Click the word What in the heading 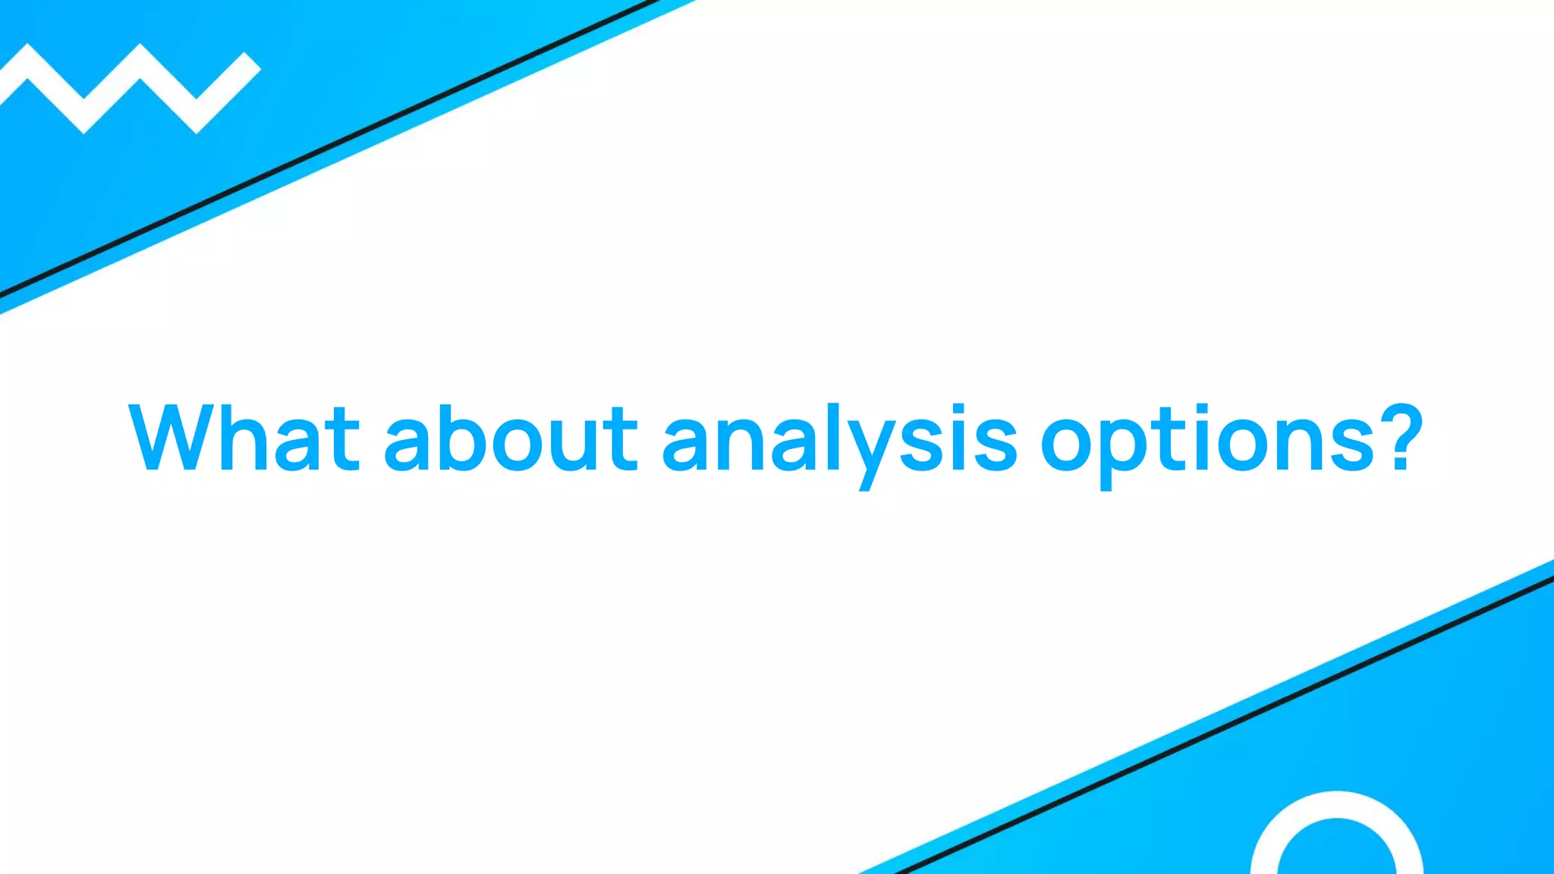pyautogui.click(x=244, y=438)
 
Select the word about pyautogui.click(x=511, y=438)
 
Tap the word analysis pyautogui.click(x=839, y=440)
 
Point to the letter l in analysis pyautogui.click(x=830, y=436)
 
